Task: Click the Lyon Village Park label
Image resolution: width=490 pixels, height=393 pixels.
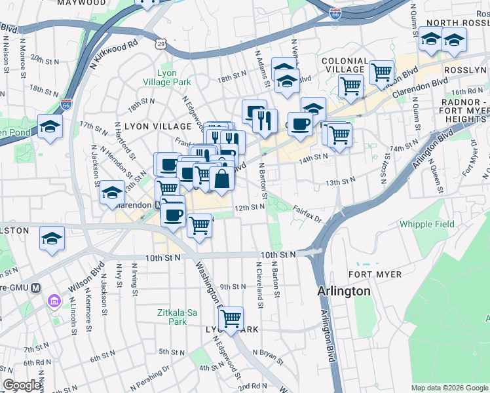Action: click(x=165, y=77)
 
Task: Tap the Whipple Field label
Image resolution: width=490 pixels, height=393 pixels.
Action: click(x=426, y=224)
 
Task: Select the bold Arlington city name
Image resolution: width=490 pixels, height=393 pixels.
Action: click(x=343, y=291)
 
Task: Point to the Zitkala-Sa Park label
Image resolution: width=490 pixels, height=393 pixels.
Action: click(x=178, y=318)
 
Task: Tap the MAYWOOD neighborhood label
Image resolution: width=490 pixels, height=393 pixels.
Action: click(x=81, y=3)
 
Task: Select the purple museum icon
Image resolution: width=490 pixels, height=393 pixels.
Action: click(x=54, y=302)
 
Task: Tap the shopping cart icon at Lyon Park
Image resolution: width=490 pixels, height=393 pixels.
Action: click(x=231, y=318)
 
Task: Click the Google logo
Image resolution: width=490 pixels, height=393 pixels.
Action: click(x=22, y=385)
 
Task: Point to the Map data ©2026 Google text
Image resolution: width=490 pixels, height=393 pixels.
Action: click(x=449, y=388)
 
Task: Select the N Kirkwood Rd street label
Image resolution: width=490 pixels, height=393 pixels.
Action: click(x=114, y=54)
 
